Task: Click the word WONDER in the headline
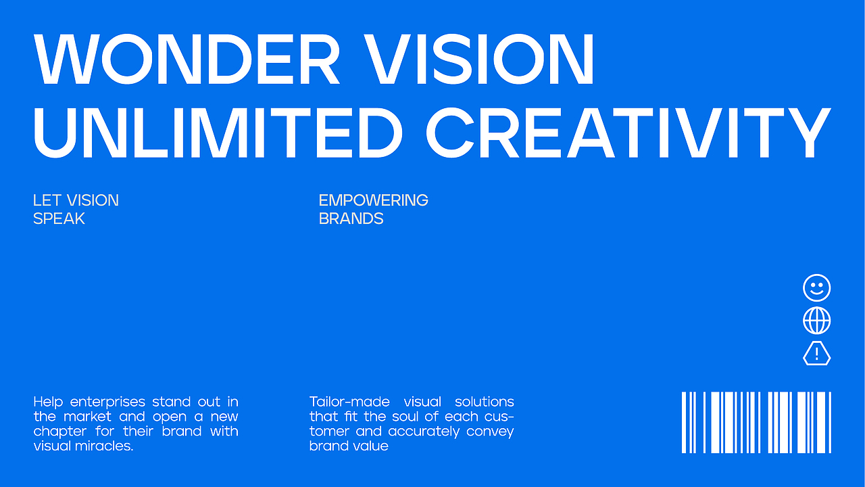click(x=187, y=59)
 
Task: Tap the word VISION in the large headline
click(x=478, y=59)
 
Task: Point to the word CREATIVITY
click(x=628, y=133)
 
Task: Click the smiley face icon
click(x=817, y=287)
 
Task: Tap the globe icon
click(x=817, y=321)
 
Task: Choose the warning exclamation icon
click(x=817, y=353)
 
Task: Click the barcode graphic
click(x=756, y=422)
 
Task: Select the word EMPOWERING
click(x=374, y=200)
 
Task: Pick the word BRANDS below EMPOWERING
click(x=351, y=218)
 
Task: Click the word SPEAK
click(x=59, y=218)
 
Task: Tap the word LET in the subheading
click(x=47, y=200)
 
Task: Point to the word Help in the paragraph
click(x=48, y=402)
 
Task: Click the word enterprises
click(x=107, y=402)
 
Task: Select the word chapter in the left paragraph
click(x=60, y=432)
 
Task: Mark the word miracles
click(x=104, y=446)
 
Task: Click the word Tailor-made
click(x=349, y=402)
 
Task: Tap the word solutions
click(x=485, y=402)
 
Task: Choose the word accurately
click(x=424, y=432)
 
